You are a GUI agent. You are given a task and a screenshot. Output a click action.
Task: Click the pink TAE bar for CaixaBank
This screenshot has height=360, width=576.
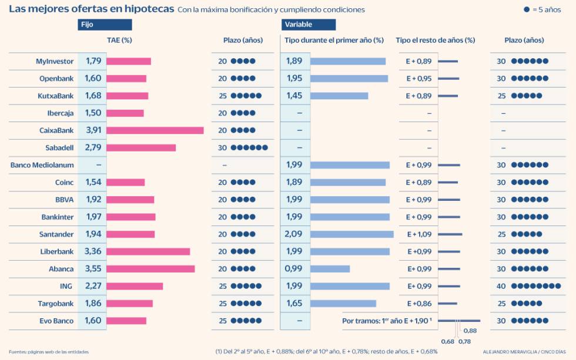point(155,130)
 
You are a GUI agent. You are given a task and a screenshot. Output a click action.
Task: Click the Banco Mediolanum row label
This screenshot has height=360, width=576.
point(42,165)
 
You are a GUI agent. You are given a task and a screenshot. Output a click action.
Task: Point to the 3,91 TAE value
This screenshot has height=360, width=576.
point(93,130)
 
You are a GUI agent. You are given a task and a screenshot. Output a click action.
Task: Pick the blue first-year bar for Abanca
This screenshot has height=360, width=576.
point(330,269)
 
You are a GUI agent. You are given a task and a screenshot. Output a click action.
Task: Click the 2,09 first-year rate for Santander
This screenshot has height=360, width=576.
point(294,234)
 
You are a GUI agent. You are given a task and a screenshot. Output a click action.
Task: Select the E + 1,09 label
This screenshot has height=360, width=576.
point(418,234)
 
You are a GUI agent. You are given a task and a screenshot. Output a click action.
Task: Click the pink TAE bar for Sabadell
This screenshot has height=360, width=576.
point(141,147)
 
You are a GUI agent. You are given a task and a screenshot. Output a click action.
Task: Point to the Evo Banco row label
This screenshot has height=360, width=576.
point(56,321)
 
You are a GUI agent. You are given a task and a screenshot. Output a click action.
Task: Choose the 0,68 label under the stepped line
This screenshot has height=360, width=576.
point(447,341)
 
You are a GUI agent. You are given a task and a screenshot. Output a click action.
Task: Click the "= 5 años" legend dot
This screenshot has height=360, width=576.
point(527,10)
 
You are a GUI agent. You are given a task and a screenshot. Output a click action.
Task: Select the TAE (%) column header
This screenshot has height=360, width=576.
point(119,41)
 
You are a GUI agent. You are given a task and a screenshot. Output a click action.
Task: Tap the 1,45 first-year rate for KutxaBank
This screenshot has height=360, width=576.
point(294,96)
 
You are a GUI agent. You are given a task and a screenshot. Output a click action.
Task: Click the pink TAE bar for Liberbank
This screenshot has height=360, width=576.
point(148,251)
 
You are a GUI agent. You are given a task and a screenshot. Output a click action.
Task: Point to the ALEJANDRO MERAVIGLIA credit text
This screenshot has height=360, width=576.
point(507,351)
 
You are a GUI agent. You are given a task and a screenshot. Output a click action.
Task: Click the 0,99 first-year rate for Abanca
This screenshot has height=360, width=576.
point(294,269)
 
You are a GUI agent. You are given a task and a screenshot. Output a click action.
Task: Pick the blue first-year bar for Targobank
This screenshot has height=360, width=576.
point(343,304)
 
